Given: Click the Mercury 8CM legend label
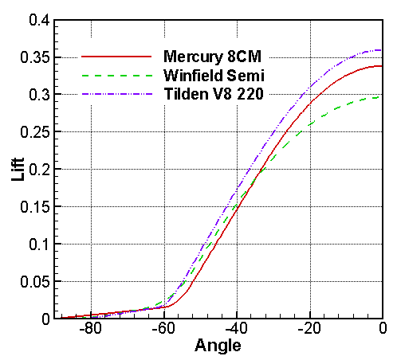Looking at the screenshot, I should click(213, 57).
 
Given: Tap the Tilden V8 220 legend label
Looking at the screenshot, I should click(213, 95).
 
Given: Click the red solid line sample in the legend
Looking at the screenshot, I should click(116, 57).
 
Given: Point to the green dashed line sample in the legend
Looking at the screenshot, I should click(116, 76).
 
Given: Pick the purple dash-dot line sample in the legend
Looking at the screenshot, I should click(116, 95).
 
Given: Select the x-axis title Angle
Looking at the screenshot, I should click(218, 346).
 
